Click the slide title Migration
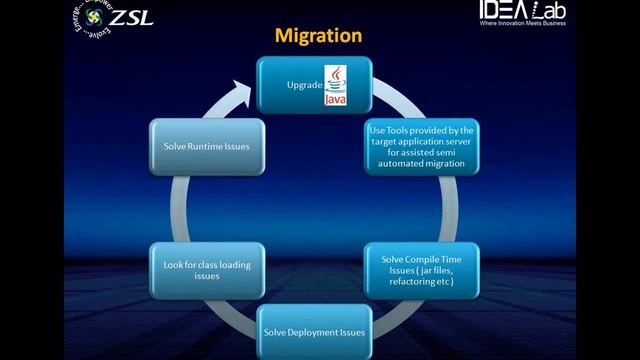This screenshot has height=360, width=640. [x=318, y=36]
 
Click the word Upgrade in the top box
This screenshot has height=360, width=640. [x=302, y=85]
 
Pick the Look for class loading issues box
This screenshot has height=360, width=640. [x=206, y=270]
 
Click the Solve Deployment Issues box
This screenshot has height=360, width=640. [x=313, y=331]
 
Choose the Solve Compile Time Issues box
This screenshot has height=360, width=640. [x=421, y=270]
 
